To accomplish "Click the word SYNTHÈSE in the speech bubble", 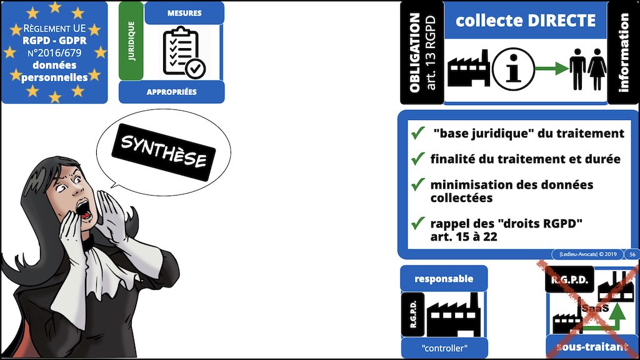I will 163,151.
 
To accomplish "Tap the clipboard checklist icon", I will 184,52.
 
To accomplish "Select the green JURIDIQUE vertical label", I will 131,41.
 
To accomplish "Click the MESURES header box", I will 184,12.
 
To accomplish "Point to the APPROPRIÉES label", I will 171,92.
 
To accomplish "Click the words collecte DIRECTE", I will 525,21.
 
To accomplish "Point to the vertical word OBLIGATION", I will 414,53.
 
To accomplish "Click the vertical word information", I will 623,53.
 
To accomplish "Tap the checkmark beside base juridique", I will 417,133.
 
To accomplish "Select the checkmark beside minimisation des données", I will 417,185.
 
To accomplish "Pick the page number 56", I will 632,254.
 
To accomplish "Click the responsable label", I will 443,279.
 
